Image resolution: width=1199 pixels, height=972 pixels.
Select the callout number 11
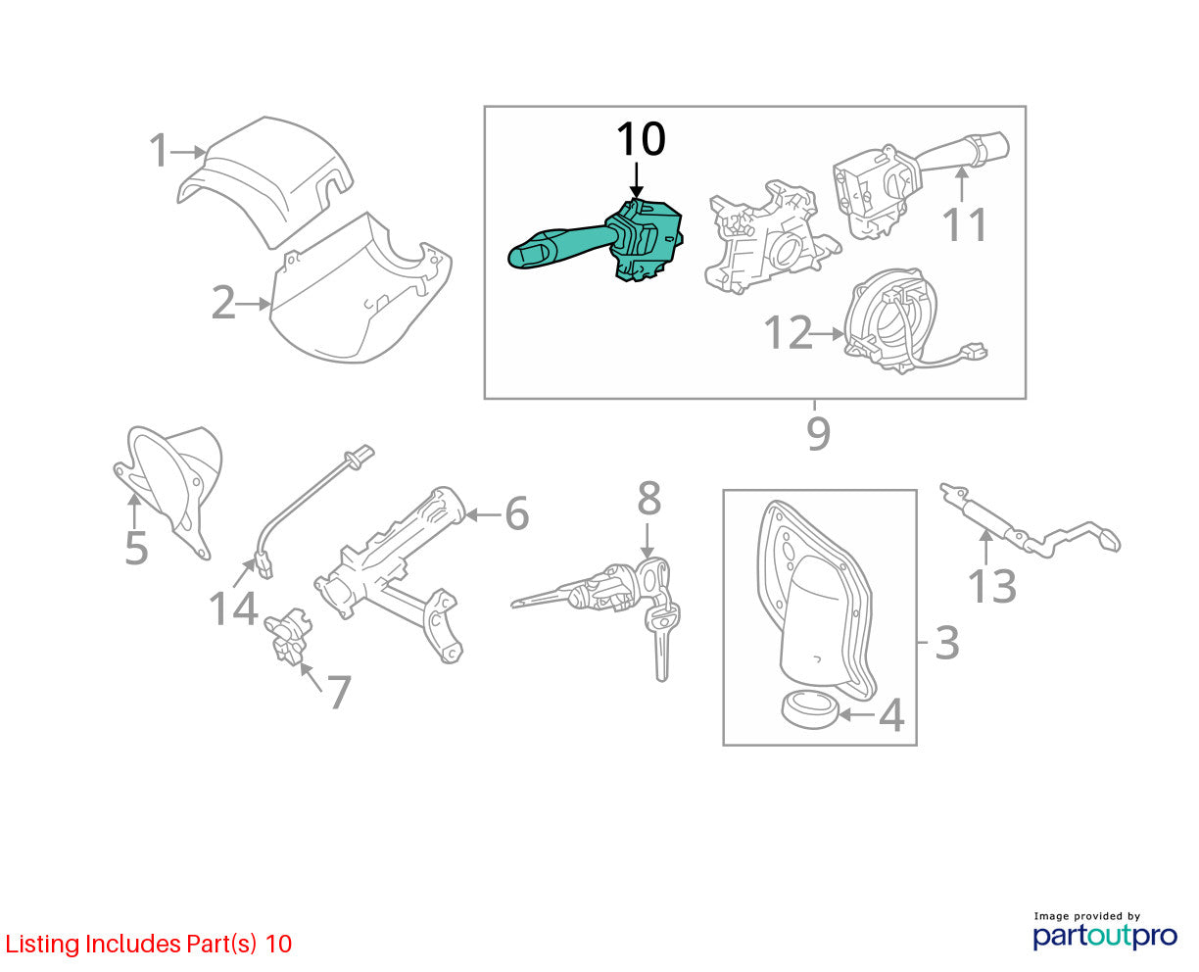pyautogui.click(x=964, y=224)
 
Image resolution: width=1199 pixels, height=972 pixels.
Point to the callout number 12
pyautogui.click(x=788, y=332)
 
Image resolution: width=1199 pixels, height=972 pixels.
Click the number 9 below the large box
pyautogui.click(x=819, y=433)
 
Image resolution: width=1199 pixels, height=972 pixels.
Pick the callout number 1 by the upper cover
pyautogui.click(x=160, y=150)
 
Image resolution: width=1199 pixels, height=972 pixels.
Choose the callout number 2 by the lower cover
pyautogui.click(x=223, y=303)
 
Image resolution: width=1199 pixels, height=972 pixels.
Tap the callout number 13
pyautogui.click(x=992, y=586)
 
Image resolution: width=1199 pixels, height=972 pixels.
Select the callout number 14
pyautogui.click(x=233, y=608)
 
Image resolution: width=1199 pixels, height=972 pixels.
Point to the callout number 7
pyautogui.click(x=339, y=692)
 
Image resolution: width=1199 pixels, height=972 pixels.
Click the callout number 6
pyautogui.click(x=517, y=513)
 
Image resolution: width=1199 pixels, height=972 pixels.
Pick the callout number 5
pyautogui.click(x=136, y=548)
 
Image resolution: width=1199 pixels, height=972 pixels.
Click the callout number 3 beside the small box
pyautogui.click(x=947, y=643)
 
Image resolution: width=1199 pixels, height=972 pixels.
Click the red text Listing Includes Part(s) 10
pyautogui.click(x=149, y=944)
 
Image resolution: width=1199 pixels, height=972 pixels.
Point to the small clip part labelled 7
pyautogui.click(x=288, y=635)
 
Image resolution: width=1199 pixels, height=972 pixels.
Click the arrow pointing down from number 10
pyautogui.click(x=636, y=180)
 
